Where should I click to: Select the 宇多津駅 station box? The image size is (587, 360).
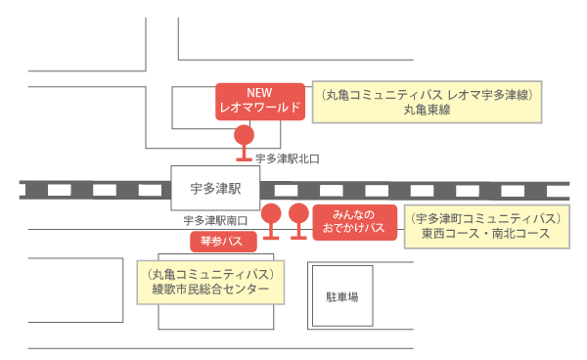[214, 186]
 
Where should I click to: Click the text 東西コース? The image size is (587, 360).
[450, 235]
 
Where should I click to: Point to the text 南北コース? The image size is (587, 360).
[519, 235]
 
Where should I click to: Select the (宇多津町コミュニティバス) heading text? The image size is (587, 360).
[484, 218]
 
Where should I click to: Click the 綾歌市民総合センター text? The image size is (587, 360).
[209, 291]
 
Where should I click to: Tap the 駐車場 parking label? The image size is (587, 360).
[341, 294]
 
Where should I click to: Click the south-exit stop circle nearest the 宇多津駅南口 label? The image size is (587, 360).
[272, 212]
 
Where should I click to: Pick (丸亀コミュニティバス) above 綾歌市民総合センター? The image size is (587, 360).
[209, 273]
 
